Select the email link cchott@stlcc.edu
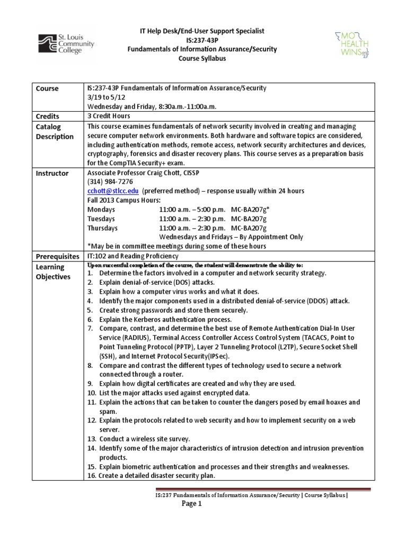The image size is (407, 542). click(106, 191)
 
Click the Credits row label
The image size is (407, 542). click(48, 116)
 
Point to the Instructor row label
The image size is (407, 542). click(52, 173)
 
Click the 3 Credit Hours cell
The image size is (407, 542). click(108, 116)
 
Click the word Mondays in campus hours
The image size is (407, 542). click(101, 210)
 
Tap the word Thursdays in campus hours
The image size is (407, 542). click(102, 228)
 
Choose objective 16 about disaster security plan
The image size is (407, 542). click(154, 476)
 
